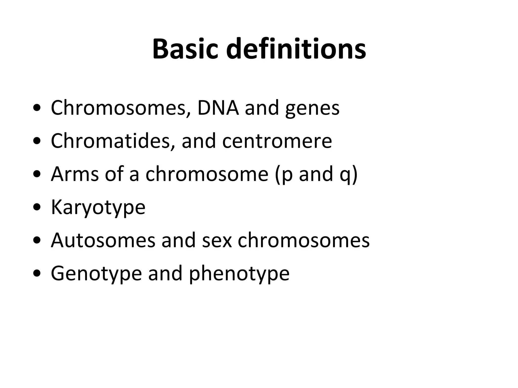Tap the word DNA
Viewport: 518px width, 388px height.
point(218,108)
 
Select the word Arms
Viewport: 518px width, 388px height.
point(75,174)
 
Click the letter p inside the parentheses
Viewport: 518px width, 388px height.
point(287,175)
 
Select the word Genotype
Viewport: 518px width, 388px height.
point(96,274)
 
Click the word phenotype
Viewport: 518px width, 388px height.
point(239,274)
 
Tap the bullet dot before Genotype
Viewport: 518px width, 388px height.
point(37,274)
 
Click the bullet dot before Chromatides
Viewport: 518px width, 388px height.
point(37,141)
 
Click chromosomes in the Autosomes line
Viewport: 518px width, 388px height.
point(304,240)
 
